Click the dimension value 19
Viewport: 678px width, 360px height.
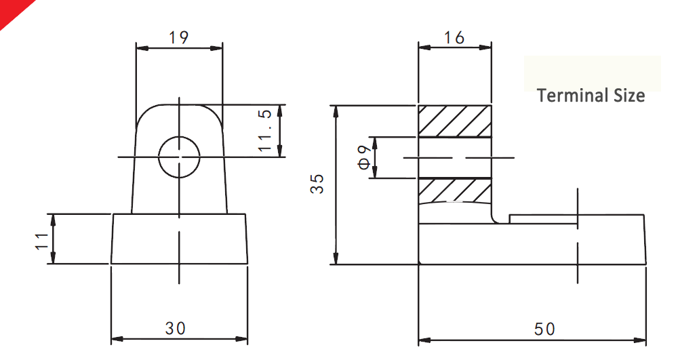179,37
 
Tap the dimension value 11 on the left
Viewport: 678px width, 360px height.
41,239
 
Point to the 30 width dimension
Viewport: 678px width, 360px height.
175,329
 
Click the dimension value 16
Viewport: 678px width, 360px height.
454,37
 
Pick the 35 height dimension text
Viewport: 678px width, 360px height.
317,184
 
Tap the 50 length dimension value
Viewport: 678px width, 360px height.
544,329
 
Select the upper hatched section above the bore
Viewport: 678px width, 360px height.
454,121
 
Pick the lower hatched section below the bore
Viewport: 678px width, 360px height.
454,190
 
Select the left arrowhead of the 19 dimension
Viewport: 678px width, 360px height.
141,47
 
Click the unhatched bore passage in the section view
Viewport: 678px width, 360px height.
454,157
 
